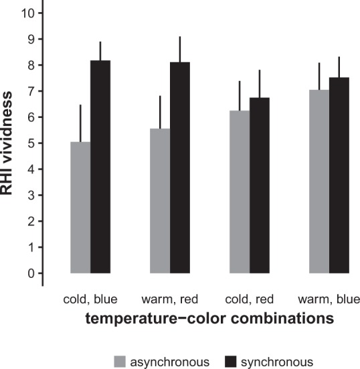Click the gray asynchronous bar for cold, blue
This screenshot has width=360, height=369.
pyautogui.click(x=80, y=208)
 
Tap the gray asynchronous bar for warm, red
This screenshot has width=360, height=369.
pyautogui.click(x=160, y=201)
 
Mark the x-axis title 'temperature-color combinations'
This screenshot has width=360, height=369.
pyautogui.click(x=209, y=319)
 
